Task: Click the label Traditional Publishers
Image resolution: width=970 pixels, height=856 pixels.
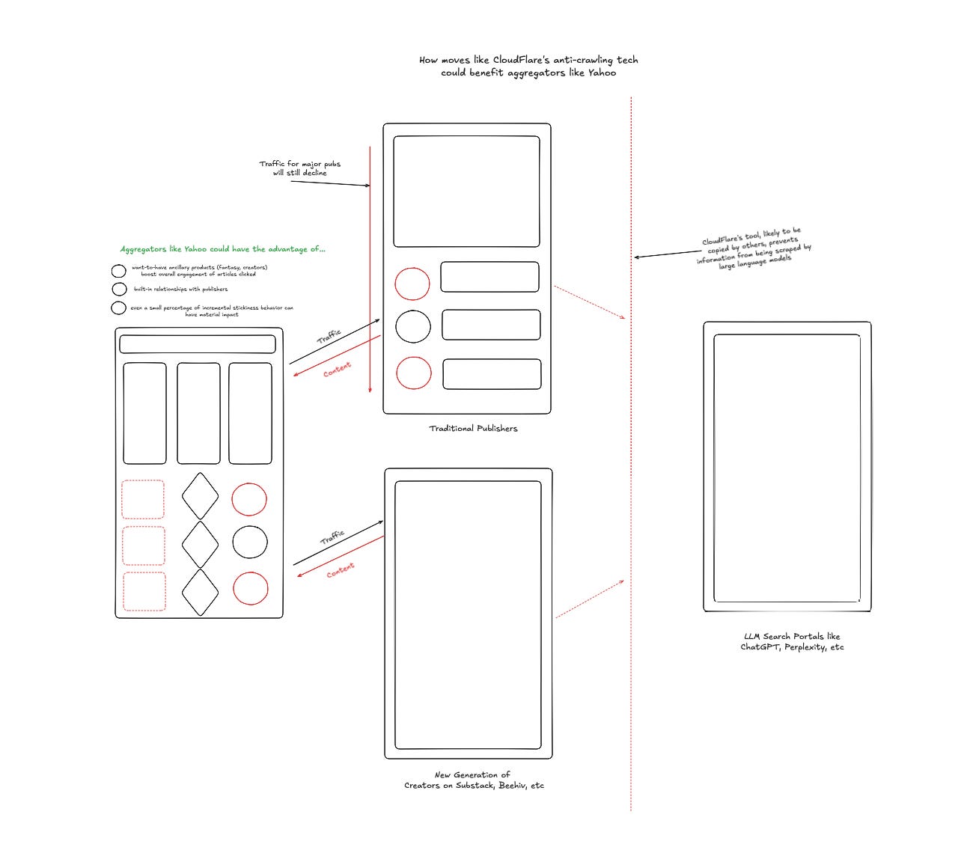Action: (473, 429)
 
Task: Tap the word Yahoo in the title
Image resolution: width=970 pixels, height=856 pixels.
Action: (602, 73)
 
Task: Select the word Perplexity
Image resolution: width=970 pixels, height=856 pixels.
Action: (802, 647)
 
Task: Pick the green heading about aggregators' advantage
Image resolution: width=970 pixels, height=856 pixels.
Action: (223, 249)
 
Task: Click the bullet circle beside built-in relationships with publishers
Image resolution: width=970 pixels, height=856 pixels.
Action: (119, 289)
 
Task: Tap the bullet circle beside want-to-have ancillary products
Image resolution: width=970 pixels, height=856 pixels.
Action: (118, 271)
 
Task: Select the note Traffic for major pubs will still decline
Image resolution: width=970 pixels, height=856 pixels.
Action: (299, 168)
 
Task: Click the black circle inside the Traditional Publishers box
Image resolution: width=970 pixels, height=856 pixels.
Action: (412, 326)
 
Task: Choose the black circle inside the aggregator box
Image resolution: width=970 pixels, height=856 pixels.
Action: (249, 542)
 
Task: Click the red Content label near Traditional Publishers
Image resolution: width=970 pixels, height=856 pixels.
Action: (337, 370)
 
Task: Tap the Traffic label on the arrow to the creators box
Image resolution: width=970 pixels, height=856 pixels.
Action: (332, 537)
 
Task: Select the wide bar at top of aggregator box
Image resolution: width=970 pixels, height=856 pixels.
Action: (198, 344)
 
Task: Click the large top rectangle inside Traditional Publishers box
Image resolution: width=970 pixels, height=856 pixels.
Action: (466, 191)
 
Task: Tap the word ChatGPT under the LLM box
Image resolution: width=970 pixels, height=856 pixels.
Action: (759, 647)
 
